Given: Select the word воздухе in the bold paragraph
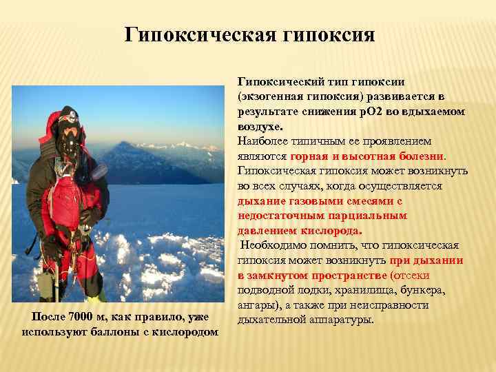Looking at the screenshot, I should coord(260,127).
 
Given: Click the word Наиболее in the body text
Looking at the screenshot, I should coord(263,141).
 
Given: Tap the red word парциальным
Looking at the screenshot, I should coord(373,216).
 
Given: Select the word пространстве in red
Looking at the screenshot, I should coord(345,276).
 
